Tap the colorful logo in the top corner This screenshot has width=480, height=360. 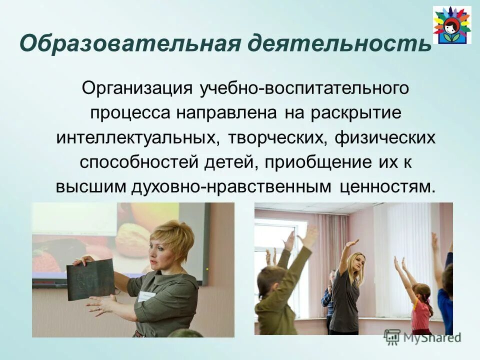pos(451,25)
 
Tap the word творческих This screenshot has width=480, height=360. pos(277,137)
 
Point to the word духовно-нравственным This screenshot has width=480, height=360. pos(231,186)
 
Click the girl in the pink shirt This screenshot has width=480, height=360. pos(421,310)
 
